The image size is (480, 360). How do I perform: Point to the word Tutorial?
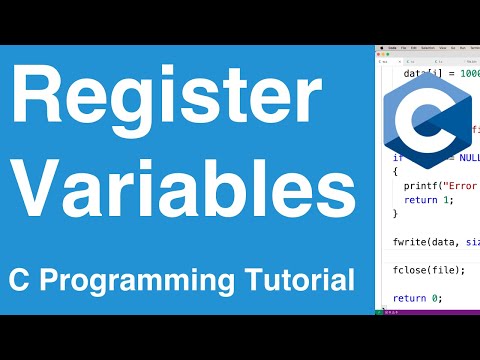tap(305, 280)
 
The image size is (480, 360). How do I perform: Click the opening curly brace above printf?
tap(396, 171)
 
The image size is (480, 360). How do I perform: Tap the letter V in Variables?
tap(35, 188)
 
